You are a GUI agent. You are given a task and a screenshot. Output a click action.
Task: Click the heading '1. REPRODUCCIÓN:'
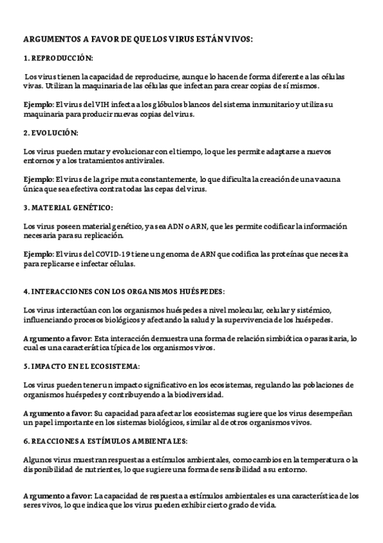pos(58,58)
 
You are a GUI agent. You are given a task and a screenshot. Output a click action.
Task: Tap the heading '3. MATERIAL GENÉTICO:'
pos(68,207)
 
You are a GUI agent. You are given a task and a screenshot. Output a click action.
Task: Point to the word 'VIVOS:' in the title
pos(239,39)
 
